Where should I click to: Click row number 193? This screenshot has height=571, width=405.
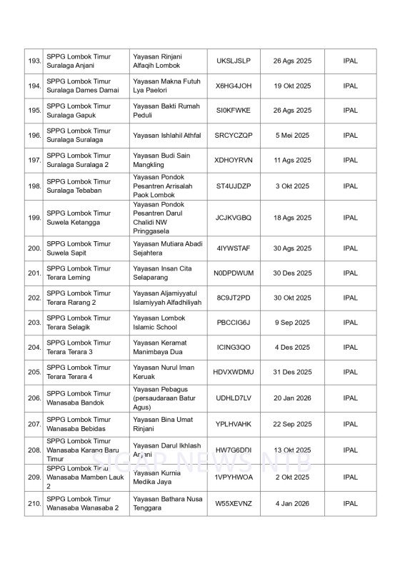(34, 61)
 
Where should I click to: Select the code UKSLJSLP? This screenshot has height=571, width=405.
(234, 61)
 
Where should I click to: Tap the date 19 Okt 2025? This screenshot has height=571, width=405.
(292, 86)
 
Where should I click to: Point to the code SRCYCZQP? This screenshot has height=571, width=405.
(234, 136)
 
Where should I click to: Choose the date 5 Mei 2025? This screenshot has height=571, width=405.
(292, 136)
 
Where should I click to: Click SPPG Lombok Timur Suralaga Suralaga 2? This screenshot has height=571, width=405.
(79, 161)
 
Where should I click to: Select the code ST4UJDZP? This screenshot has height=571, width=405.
(234, 186)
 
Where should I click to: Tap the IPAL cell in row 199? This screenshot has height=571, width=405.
(350, 218)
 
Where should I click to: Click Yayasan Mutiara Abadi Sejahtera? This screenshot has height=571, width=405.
(168, 248)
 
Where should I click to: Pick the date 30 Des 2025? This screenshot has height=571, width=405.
(292, 273)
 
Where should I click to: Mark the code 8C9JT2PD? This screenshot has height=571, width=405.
(234, 298)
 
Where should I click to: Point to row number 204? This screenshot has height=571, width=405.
(34, 348)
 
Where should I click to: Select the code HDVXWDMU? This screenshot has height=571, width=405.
(234, 372)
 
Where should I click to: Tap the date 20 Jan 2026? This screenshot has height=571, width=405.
(292, 398)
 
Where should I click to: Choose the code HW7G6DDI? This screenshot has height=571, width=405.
(234, 450)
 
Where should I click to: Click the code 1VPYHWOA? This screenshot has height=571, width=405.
(234, 477)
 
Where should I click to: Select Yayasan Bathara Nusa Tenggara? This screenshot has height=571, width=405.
(167, 503)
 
